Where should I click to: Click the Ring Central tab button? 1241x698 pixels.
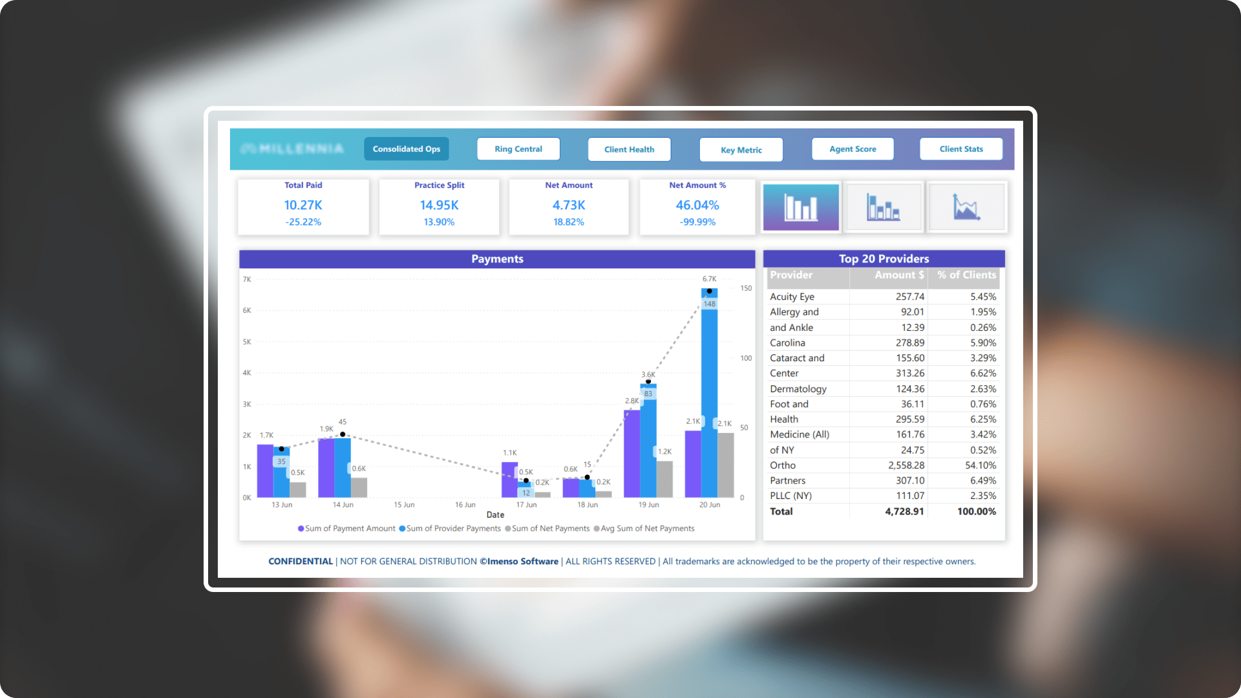pos(518,149)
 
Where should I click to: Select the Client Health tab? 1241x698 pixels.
pos(629,149)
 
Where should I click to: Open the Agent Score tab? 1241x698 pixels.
pos(853,149)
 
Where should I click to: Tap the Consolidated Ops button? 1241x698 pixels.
pos(407,149)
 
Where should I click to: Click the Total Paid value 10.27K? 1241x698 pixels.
pos(303,205)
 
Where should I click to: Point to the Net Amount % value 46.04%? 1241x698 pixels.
pos(697,205)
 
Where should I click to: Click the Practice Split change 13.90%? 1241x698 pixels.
pos(439,222)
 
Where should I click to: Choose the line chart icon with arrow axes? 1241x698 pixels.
pos(966,207)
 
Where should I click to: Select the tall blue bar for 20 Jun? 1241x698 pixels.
pos(710,401)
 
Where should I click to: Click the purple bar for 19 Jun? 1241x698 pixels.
pos(631,452)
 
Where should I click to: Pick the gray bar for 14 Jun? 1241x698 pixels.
pos(359,487)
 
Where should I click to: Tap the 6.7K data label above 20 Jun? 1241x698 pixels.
pos(710,279)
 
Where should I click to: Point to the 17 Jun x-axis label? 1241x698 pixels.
pos(526,505)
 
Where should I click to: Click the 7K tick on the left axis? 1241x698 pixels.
pos(247,280)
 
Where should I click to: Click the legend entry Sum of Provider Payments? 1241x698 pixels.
pos(453,529)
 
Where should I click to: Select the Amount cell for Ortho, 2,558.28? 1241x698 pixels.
pos(906,465)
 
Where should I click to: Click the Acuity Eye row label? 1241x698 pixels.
pos(792,297)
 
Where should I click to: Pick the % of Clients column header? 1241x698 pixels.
pos(966,275)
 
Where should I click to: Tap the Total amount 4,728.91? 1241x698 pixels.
pos(904,511)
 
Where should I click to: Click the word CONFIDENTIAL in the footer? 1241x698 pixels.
pos(301,562)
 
